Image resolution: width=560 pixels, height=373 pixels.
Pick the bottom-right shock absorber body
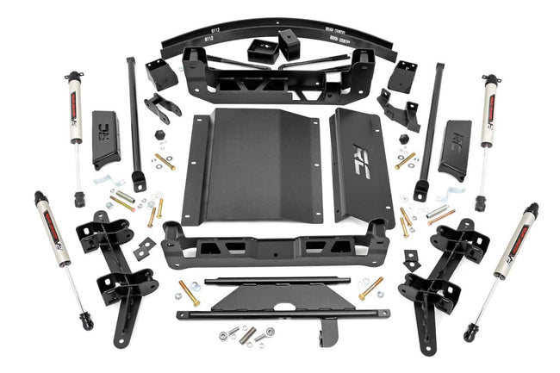point(512,243)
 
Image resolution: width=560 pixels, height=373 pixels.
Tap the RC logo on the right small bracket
point(456,136)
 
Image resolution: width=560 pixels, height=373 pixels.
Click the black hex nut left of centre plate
point(161,136)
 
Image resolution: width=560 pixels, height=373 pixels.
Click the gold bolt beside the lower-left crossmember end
point(189,291)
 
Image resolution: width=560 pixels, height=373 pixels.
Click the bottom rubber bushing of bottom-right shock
point(470,330)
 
